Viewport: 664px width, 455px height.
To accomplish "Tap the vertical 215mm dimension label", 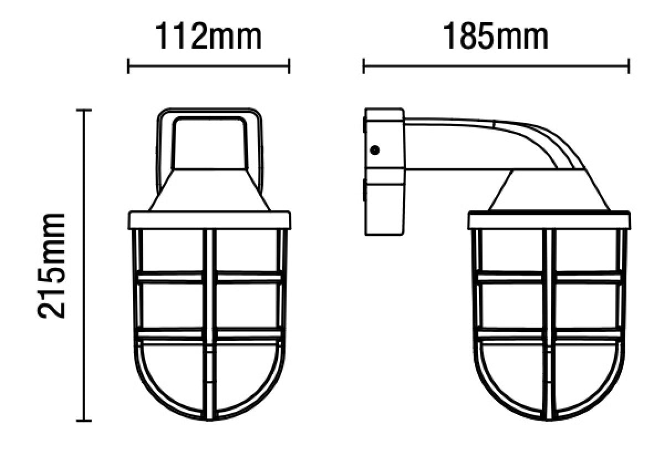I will [x=53, y=265].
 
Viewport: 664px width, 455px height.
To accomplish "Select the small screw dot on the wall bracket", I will [x=375, y=150].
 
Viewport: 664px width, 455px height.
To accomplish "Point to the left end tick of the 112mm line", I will [x=128, y=67].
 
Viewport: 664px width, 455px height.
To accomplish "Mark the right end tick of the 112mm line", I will [x=289, y=67].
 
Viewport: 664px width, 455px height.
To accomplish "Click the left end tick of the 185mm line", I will [x=364, y=67].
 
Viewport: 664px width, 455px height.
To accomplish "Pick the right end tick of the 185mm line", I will [x=629, y=67].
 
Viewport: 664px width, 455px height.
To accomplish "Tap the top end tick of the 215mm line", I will [x=83, y=111].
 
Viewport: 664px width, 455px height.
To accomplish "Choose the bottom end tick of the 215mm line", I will [x=83, y=421].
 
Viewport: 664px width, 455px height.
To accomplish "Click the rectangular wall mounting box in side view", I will [x=384, y=172].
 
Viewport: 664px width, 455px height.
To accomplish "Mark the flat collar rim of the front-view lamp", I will [x=209, y=220].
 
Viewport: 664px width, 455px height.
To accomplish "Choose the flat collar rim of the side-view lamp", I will [x=549, y=220].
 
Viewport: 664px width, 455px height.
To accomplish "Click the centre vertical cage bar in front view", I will [x=209, y=321].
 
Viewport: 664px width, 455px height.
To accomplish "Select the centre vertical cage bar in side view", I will [x=548, y=321].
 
